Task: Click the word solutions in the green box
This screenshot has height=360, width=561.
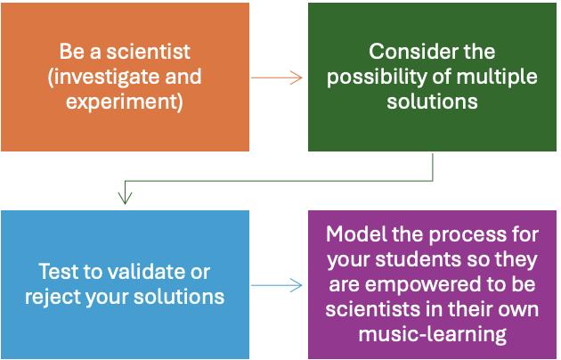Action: point(432,102)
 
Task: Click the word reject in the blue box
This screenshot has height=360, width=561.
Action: point(68,296)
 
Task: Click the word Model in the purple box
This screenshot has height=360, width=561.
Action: point(353,234)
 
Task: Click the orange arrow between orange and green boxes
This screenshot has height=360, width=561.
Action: point(277,77)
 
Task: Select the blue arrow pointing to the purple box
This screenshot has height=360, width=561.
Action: point(277,285)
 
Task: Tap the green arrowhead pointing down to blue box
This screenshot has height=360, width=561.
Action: point(125,197)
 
